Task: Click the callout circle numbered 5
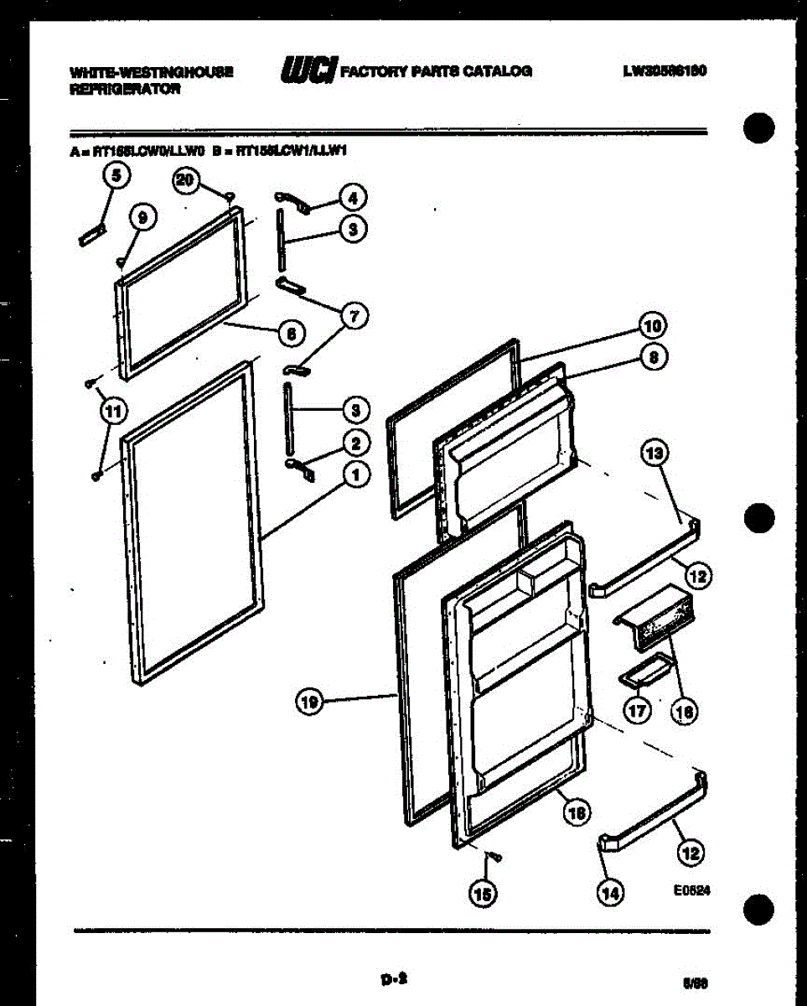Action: coord(116,176)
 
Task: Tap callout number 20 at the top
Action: coord(186,179)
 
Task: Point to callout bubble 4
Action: coord(353,199)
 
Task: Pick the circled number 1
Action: coord(355,474)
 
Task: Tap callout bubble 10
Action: coord(653,325)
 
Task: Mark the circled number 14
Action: coord(610,895)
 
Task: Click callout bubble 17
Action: coord(638,711)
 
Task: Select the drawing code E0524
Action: coord(691,893)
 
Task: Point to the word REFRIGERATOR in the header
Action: coord(125,89)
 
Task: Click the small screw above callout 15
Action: coord(494,857)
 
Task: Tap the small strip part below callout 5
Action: coord(91,235)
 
